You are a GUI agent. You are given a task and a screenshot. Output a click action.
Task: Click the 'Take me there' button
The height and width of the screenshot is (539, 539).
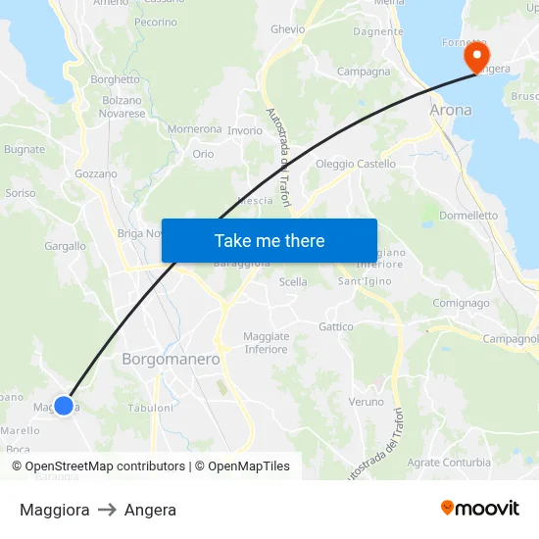point(269,240)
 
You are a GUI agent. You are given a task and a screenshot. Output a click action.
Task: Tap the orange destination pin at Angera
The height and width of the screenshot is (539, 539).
point(476,55)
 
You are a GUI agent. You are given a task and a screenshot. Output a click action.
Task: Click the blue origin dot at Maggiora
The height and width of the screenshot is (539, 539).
point(64,405)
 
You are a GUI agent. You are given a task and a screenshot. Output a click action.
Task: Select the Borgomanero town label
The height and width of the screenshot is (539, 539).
point(171,360)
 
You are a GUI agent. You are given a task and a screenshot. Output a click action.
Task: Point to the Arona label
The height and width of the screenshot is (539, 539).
point(451,110)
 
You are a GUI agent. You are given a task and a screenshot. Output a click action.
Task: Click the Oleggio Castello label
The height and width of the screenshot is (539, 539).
point(356,164)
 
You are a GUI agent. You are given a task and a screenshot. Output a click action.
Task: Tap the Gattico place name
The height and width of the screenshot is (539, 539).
point(336,326)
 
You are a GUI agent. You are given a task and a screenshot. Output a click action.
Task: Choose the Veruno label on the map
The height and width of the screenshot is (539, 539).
point(367,402)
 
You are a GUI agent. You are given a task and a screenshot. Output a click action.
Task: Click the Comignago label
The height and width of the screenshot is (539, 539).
point(461,303)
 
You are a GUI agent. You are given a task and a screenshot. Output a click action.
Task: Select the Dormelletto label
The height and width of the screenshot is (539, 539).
point(468,215)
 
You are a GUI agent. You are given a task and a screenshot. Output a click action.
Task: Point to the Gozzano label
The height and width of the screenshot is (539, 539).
point(95,173)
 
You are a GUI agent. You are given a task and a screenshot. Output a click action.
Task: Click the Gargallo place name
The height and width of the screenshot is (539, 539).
point(65,246)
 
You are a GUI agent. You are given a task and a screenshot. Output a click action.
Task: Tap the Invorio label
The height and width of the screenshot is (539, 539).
point(245,130)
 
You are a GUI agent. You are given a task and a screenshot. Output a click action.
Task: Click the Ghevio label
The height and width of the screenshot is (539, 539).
point(288,29)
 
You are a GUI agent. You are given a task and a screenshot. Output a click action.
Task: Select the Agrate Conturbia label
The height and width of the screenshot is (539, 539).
point(449,463)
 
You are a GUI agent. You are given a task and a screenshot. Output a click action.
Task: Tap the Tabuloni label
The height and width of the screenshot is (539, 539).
point(150,408)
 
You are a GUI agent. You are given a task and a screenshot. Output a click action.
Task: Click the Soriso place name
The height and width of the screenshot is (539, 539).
point(21,193)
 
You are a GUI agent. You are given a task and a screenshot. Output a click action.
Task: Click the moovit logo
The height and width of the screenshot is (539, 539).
point(480,509)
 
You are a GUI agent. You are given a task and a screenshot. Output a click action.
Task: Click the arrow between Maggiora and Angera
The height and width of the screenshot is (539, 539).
point(107,510)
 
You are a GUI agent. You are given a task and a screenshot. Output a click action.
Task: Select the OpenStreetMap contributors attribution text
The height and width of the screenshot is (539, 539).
point(105,466)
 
